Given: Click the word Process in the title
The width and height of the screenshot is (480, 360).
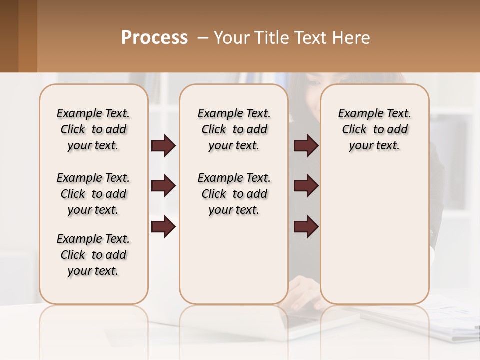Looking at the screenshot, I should pyautogui.click(x=154, y=37).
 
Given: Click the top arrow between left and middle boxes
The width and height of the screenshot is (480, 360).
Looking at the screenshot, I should pyautogui.click(x=163, y=146).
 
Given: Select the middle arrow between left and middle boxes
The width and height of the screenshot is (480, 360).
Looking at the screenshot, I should pyautogui.click(x=163, y=186).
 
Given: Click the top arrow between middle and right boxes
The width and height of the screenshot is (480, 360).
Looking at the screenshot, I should pyautogui.click(x=306, y=146).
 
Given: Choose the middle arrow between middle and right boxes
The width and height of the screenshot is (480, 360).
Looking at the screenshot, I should pyautogui.click(x=306, y=186).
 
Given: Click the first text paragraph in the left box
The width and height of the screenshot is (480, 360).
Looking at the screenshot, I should pyautogui.click(x=93, y=129).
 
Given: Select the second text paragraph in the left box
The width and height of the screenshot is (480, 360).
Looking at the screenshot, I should pyautogui.click(x=93, y=194).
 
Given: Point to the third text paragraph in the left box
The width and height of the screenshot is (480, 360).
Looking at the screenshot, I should pyautogui.click(x=93, y=255).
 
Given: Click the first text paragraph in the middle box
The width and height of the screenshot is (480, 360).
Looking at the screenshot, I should pyautogui.click(x=234, y=129).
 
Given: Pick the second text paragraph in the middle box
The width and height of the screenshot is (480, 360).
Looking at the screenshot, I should pyautogui.click(x=234, y=194).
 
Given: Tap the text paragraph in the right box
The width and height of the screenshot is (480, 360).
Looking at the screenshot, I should pyautogui.click(x=374, y=129).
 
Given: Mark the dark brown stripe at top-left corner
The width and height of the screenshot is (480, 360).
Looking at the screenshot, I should pyautogui.click(x=9, y=36).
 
